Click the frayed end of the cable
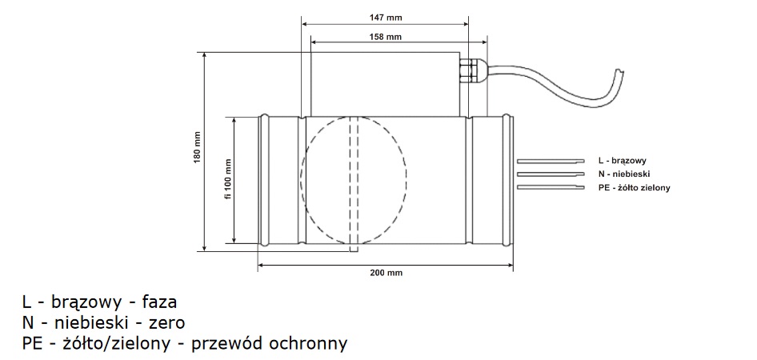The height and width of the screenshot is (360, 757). point(618,74)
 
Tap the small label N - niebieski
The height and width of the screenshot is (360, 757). point(623,174)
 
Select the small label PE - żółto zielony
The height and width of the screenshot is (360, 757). point(633,188)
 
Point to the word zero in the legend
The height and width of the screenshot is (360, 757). point(167,323)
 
